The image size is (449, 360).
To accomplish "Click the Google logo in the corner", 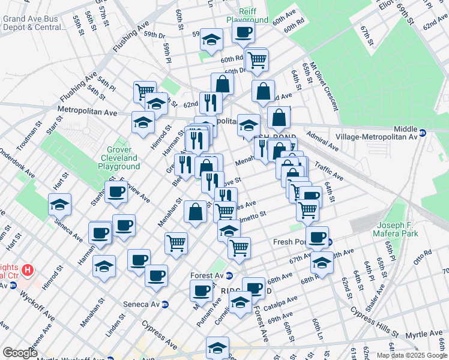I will point(20,353).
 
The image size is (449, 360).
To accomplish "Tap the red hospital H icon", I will point(27,270).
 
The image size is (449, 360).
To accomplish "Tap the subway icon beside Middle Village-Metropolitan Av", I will point(423,133).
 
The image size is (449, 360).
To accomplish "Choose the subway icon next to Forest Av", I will point(229,276).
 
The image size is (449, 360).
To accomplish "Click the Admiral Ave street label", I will point(322,141).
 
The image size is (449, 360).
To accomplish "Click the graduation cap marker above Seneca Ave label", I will point(60,205).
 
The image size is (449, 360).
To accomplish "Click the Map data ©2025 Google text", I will point(411,355).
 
